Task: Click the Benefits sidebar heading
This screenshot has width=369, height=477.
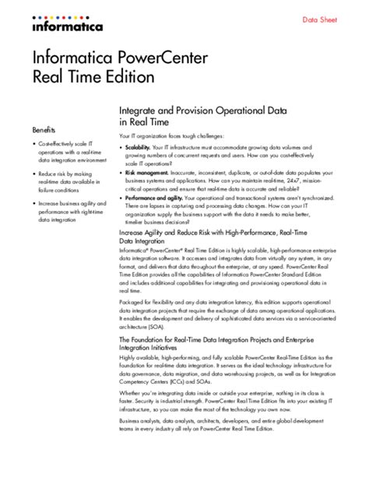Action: (44, 128)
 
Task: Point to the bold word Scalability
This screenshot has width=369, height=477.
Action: (138, 147)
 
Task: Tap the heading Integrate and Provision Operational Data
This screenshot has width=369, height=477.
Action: (202, 110)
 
